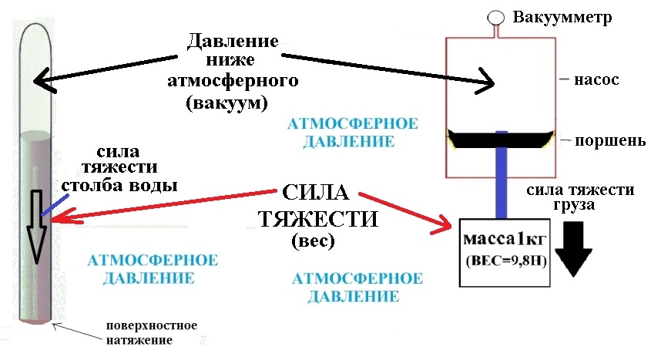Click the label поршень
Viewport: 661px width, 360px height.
coord(606,141)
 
